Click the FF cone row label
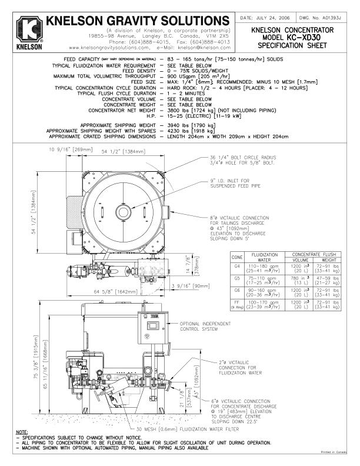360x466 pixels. (x=238, y=303)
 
